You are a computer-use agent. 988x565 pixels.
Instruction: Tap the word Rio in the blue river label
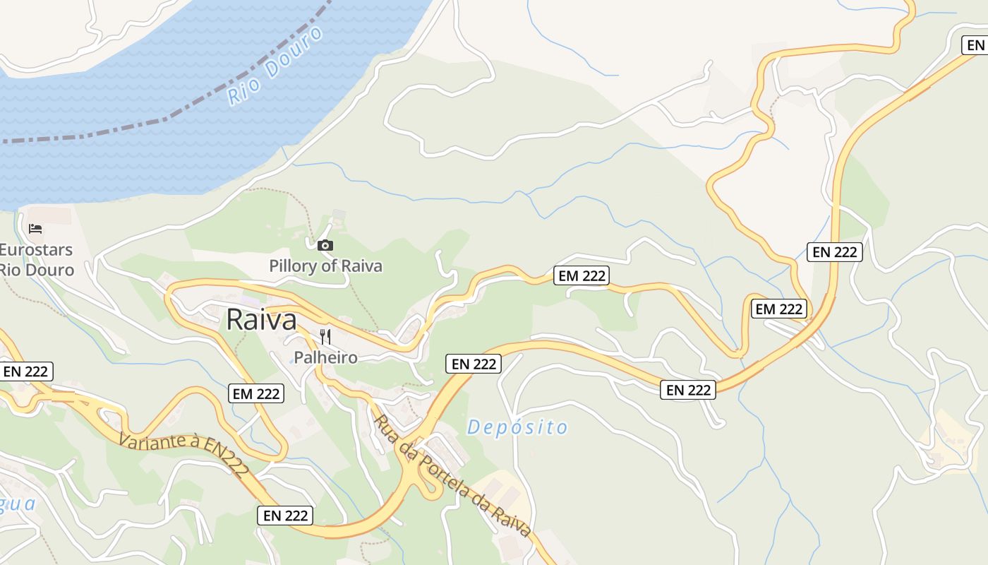[x=240, y=93]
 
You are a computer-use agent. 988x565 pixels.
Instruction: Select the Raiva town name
[x=261, y=320]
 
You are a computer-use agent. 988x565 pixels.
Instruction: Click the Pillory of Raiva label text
[x=325, y=266]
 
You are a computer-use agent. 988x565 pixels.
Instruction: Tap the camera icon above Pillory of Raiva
[x=325, y=245]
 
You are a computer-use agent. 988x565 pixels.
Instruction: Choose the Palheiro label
[x=325, y=357]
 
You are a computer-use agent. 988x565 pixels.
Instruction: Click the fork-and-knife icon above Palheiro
[x=325, y=336]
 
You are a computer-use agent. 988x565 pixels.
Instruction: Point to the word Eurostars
[x=36, y=250]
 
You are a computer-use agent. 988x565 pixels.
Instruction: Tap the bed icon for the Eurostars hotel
[x=35, y=228]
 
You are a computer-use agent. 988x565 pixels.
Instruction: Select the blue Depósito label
[x=517, y=427]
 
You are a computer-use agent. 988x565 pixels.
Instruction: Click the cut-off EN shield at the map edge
[x=975, y=46]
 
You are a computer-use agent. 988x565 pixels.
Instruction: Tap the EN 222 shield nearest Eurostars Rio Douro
[x=26, y=371]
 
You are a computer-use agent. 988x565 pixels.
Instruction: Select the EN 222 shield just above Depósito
[x=474, y=364]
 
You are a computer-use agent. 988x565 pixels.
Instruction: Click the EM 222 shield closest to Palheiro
[x=255, y=393]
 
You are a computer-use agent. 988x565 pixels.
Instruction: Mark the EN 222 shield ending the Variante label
[x=285, y=516]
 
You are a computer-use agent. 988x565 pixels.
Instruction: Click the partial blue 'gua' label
[x=17, y=504]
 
